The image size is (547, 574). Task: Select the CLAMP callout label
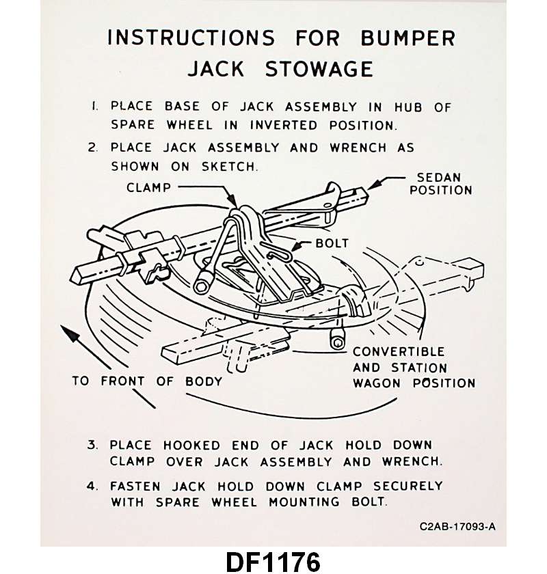click(148, 187)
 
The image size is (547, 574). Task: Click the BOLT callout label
click(332, 243)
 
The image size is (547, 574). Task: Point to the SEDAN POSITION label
click(440, 183)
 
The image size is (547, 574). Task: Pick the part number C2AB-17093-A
click(458, 526)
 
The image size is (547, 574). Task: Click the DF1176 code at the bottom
click(273, 561)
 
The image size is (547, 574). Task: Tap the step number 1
click(94, 107)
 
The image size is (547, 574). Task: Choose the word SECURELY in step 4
click(408, 487)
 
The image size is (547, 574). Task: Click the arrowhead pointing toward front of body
click(66, 333)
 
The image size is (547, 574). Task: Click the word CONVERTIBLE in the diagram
click(399, 352)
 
